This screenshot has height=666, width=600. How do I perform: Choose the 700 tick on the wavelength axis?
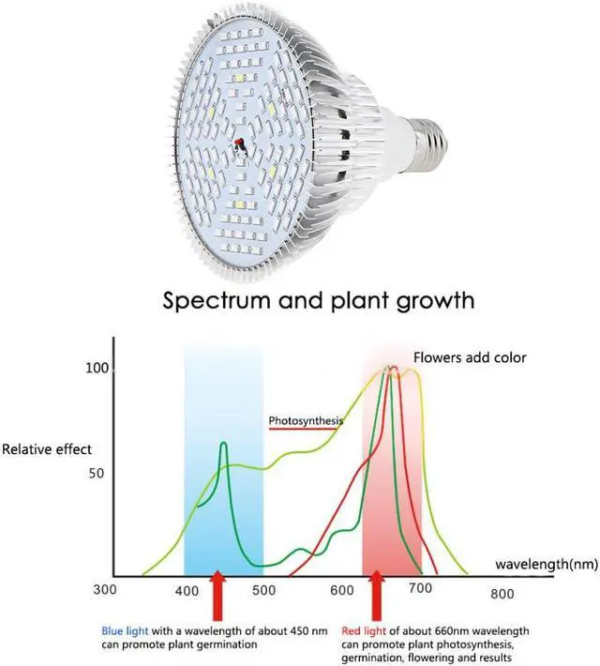(419, 588)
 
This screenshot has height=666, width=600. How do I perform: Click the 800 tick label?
(502, 593)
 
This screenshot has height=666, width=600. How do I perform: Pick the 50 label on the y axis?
(97, 473)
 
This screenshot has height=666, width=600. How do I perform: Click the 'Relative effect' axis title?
(46, 449)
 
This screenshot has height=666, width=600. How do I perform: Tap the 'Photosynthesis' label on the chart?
(306, 420)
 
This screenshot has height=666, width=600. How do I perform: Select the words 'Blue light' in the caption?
(127, 629)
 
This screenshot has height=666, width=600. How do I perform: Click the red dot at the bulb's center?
(238, 144)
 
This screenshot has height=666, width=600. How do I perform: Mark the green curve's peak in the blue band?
(224, 444)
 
